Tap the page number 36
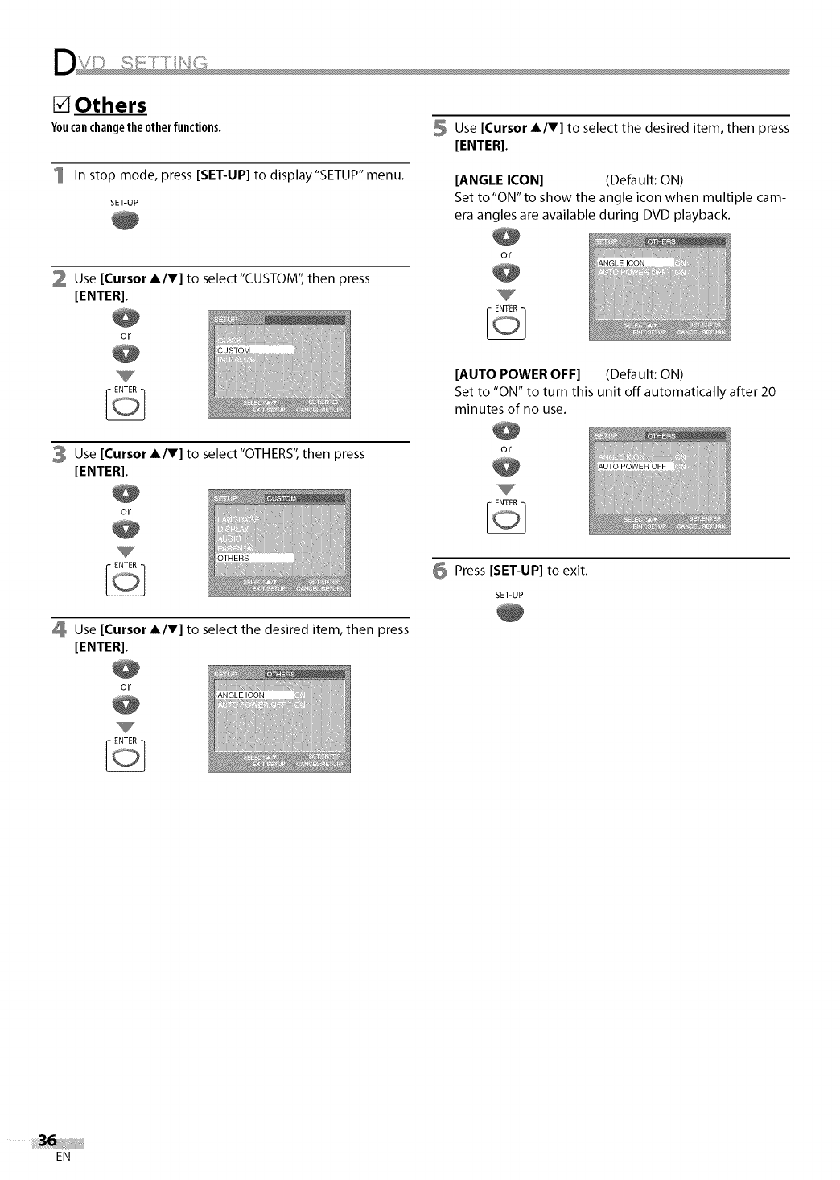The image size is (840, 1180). (47, 1141)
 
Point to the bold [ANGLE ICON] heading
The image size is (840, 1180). (499, 179)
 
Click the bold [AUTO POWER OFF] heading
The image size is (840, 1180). (517, 374)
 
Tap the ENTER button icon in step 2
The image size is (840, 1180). (125, 405)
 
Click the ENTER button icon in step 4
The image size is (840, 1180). (125, 756)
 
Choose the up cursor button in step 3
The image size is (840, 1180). (126, 493)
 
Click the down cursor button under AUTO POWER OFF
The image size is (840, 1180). (506, 468)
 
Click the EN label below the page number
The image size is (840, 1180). (64, 1157)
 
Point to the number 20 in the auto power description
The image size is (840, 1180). (768, 392)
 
